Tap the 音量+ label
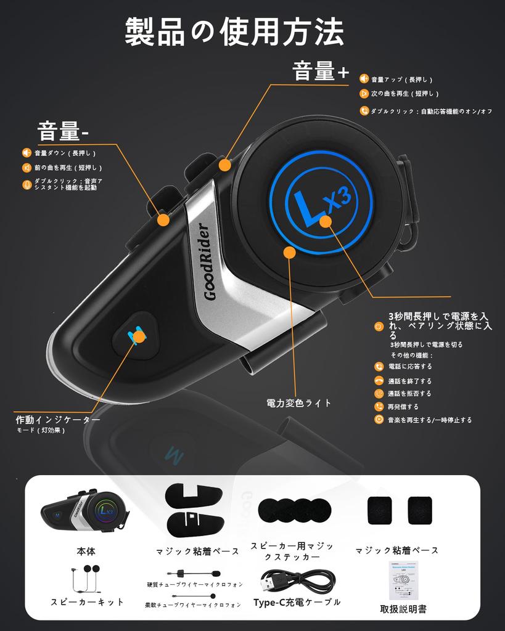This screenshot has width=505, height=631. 321,72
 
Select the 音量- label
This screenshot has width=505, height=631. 64,131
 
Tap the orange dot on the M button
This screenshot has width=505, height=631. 139,336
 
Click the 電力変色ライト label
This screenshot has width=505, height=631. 299,403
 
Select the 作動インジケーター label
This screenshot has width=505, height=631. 58,420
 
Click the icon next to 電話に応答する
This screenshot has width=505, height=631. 379,367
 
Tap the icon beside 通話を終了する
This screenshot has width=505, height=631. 379,381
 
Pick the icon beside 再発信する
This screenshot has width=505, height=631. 379,407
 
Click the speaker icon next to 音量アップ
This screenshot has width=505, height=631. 364,79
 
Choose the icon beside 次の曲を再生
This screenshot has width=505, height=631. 364,94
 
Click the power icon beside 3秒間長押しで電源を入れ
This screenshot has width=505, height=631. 379,325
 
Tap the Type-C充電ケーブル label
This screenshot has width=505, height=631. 297,602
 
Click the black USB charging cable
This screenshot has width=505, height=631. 297,580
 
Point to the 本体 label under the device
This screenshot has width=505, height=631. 86,551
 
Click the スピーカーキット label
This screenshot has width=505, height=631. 87,602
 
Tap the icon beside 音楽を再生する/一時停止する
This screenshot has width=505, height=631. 379,420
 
